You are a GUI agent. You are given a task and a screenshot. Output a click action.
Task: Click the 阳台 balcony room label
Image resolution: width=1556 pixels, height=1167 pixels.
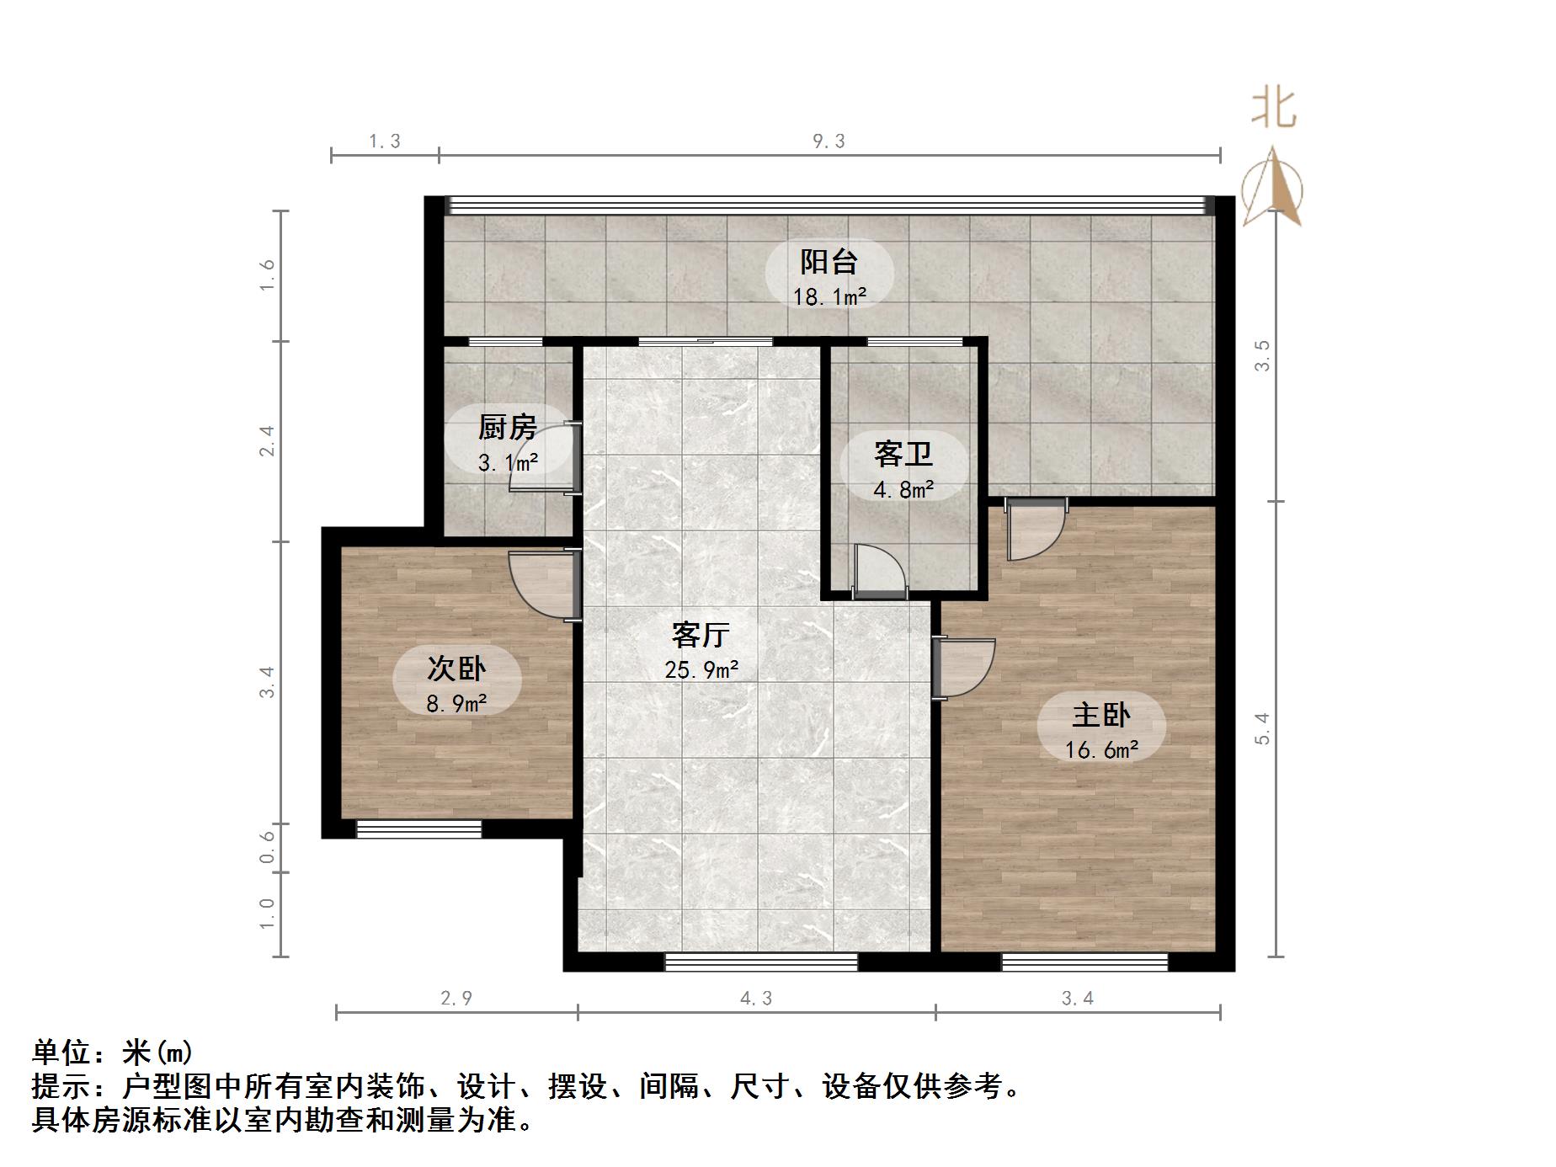(x=829, y=262)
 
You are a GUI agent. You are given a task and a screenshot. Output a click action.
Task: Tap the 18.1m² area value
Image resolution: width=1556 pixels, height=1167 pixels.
(x=829, y=296)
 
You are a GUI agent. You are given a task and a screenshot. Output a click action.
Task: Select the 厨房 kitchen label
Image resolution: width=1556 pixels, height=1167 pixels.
(x=507, y=428)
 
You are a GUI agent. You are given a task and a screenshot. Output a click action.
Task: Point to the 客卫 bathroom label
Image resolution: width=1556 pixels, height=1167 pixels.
(x=903, y=455)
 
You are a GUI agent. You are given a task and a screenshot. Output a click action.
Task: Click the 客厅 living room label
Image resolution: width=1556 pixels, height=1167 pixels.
(x=700, y=635)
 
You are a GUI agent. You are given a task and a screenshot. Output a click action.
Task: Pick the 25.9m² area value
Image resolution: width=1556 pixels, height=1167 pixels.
(x=701, y=670)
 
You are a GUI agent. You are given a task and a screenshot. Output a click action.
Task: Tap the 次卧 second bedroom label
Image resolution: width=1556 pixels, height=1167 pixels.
(x=456, y=669)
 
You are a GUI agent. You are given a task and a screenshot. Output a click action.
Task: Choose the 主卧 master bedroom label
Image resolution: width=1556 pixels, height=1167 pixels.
(x=1100, y=715)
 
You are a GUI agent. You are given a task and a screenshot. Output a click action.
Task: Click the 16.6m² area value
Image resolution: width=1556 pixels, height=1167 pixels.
(x=1101, y=749)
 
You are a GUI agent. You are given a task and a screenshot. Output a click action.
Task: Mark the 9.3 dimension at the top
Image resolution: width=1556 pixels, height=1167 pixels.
(x=829, y=141)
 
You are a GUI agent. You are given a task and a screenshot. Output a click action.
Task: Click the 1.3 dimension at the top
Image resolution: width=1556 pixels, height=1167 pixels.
(x=385, y=141)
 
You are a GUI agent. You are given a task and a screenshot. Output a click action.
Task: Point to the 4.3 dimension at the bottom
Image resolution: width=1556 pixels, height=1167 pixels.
(x=756, y=999)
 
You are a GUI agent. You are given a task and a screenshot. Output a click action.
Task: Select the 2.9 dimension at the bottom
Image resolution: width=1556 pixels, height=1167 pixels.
(x=456, y=999)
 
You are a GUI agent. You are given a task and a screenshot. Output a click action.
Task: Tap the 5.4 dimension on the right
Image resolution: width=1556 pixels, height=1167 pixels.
(x=1261, y=728)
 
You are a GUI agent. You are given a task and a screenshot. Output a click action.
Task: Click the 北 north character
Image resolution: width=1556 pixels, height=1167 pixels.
(x=1273, y=109)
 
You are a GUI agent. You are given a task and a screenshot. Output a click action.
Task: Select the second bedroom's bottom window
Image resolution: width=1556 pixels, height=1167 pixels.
(x=418, y=829)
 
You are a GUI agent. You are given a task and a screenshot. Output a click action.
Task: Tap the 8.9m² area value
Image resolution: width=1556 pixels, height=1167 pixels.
(x=456, y=703)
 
